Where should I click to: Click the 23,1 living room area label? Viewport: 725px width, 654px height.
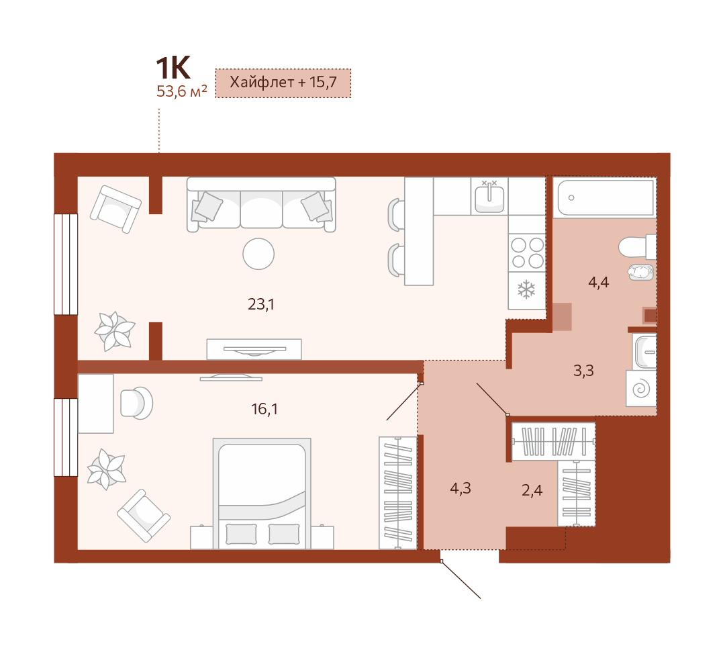point(261,304)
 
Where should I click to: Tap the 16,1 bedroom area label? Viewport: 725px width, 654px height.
point(264,409)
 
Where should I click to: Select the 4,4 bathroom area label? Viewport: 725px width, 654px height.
point(598,282)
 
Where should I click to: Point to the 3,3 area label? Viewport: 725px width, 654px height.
point(583,371)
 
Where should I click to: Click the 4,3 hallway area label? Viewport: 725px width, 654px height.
point(461,488)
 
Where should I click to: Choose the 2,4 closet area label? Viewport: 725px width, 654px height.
point(532,490)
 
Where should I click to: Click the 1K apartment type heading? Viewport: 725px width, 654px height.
point(173,68)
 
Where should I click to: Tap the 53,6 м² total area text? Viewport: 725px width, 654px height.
point(181,91)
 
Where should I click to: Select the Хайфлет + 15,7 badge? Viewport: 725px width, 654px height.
point(283,83)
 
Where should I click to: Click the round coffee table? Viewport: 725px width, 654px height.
point(258,253)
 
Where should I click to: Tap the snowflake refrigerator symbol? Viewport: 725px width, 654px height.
point(526,290)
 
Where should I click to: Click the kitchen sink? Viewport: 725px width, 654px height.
point(489,196)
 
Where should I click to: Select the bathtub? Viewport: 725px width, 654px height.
point(605,197)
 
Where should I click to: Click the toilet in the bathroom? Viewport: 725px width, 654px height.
point(637,247)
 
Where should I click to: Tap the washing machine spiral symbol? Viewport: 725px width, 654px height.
point(641,389)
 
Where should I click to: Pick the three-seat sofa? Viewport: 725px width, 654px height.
point(261,204)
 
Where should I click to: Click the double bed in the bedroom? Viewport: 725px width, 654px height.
point(262,494)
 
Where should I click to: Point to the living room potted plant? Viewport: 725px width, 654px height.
point(115,330)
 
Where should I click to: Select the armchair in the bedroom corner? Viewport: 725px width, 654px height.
point(144,516)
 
